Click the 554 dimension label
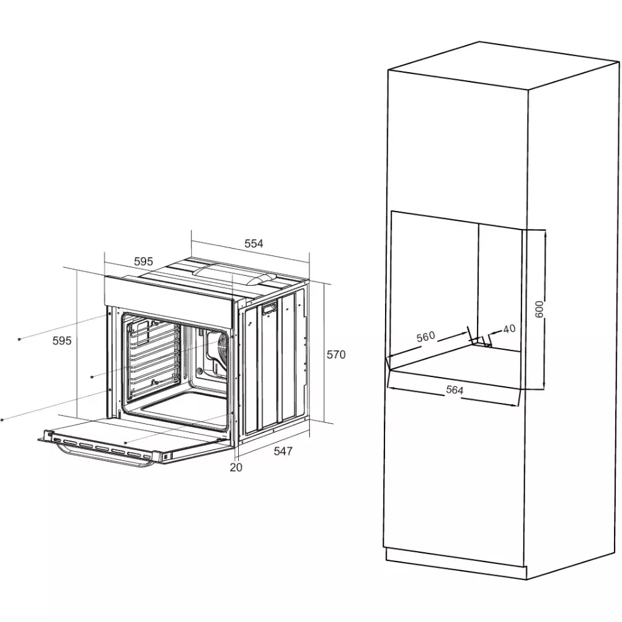254,243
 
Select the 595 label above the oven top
143,262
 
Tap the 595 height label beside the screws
62,341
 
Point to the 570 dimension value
336,354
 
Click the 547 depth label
283,451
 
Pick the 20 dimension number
236,467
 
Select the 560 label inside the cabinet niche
426,337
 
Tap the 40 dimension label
509,328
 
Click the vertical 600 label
539,309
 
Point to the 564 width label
455,390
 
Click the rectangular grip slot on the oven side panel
269,309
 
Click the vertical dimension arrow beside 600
545,309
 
